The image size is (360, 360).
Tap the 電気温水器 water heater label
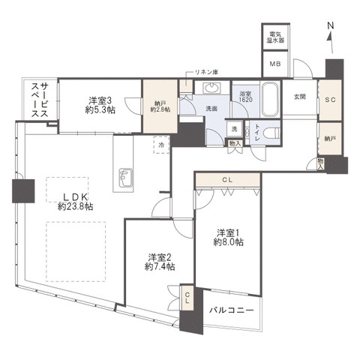(x=275, y=37)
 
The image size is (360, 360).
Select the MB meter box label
(x=275, y=64)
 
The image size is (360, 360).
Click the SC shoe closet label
(x=330, y=100)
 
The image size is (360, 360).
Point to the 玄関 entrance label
(x=299, y=97)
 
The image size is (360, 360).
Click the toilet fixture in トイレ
(x=272, y=133)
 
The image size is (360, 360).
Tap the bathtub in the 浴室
(x=269, y=100)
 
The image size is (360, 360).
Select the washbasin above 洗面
(x=212, y=88)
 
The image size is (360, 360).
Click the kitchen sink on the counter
(x=126, y=178)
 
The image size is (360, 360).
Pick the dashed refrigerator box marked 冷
(x=161, y=145)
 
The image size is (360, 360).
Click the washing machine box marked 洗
(x=234, y=129)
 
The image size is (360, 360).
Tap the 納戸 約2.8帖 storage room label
(x=160, y=106)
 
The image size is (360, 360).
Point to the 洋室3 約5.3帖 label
(x=100, y=106)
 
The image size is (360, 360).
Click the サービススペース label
(x=40, y=100)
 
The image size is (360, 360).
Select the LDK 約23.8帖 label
(x=75, y=202)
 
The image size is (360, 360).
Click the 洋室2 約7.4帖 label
(x=160, y=262)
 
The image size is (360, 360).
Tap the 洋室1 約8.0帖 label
(x=228, y=238)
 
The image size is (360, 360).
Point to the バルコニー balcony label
(x=232, y=310)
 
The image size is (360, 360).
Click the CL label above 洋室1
(x=227, y=179)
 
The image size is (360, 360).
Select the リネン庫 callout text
(x=206, y=72)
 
